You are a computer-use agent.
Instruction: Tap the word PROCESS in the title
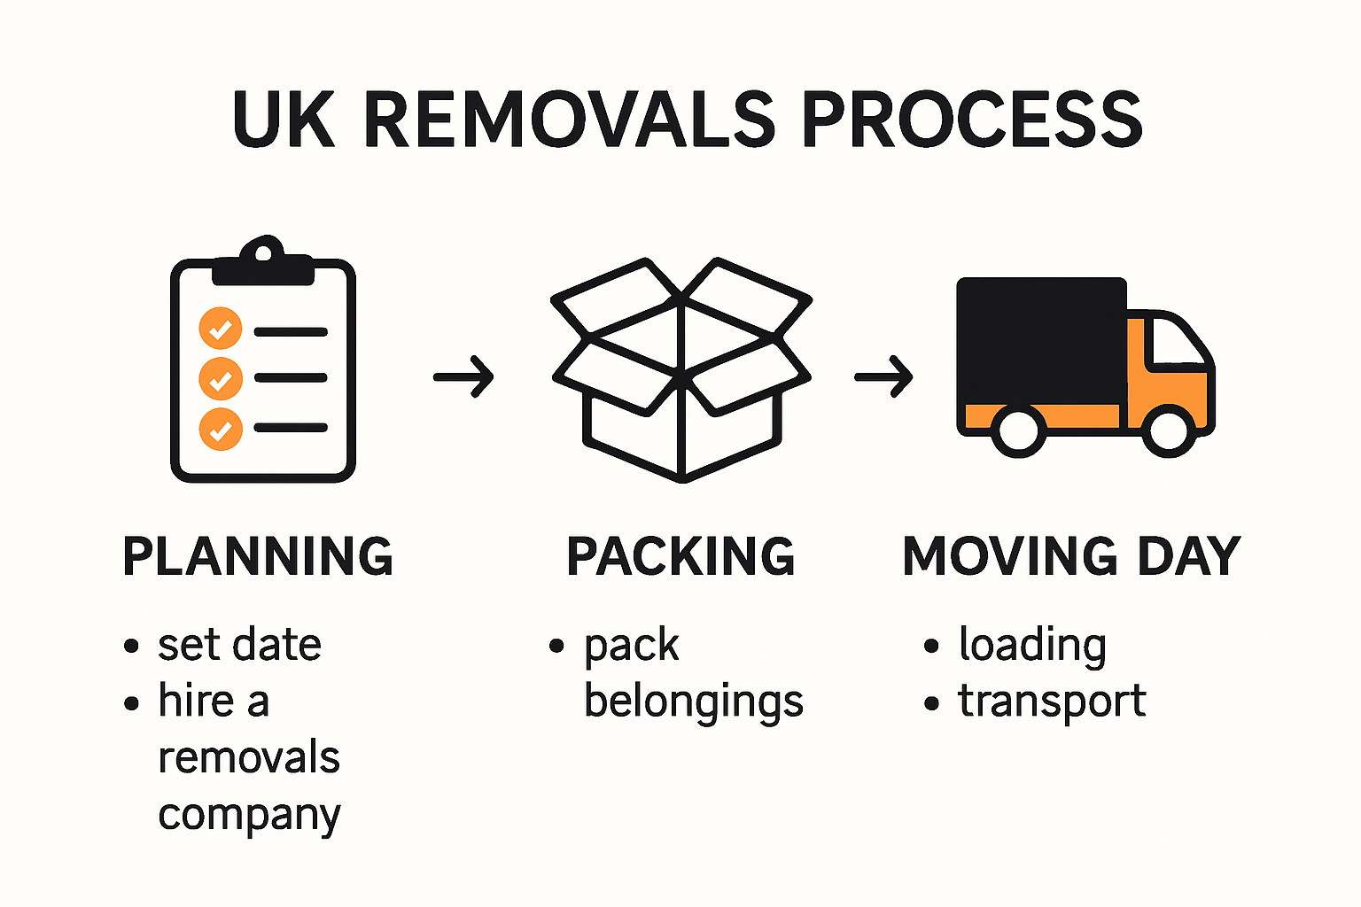(972, 120)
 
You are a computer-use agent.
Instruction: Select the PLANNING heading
(258, 556)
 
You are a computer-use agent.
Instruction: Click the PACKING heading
(680, 556)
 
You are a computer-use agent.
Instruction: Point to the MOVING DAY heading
(1071, 556)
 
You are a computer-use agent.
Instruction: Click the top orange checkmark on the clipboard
(221, 329)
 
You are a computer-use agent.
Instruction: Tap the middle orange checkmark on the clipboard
(221, 379)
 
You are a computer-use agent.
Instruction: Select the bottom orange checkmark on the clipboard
(221, 430)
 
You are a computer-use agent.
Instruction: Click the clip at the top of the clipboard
(263, 261)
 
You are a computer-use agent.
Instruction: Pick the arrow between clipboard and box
(463, 377)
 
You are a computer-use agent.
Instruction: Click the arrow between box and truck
(883, 377)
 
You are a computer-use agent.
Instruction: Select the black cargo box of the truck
(1041, 341)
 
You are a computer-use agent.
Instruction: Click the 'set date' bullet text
(239, 645)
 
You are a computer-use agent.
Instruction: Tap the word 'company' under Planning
(249, 815)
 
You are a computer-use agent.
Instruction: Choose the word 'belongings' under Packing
(694, 702)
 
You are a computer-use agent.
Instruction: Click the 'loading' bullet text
(1032, 645)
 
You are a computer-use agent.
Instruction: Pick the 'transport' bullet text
(1052, 702)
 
